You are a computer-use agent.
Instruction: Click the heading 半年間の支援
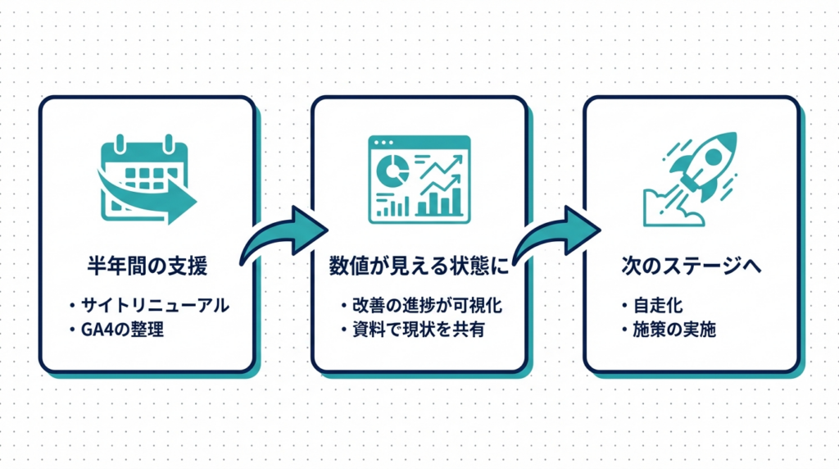(x=147, y=266)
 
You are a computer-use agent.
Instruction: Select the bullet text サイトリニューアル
(x=156, y=305)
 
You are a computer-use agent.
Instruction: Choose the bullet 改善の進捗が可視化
(x=425, y=305)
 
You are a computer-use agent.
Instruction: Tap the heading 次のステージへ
(x=692, y=266)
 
